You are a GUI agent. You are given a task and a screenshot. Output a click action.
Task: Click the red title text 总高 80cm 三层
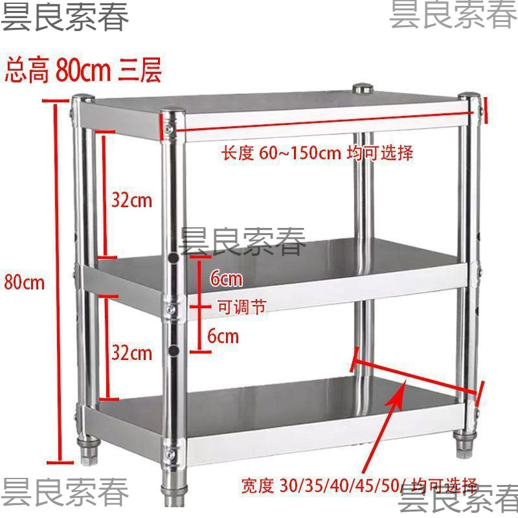(83, 70)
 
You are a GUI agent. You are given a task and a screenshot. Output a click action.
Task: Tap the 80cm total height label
(25, 282)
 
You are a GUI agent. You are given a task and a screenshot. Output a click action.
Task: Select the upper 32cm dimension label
(131, 200)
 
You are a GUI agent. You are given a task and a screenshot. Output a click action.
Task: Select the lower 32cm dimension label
(131, 353)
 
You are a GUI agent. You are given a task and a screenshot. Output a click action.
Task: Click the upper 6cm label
(226, 280)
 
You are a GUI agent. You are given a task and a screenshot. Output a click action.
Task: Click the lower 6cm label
(224, 336)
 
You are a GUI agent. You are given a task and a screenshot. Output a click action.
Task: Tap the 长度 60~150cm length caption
(317, 153)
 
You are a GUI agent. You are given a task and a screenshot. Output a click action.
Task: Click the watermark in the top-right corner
(453, 16)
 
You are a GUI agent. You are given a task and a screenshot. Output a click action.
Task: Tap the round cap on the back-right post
(363, 88)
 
